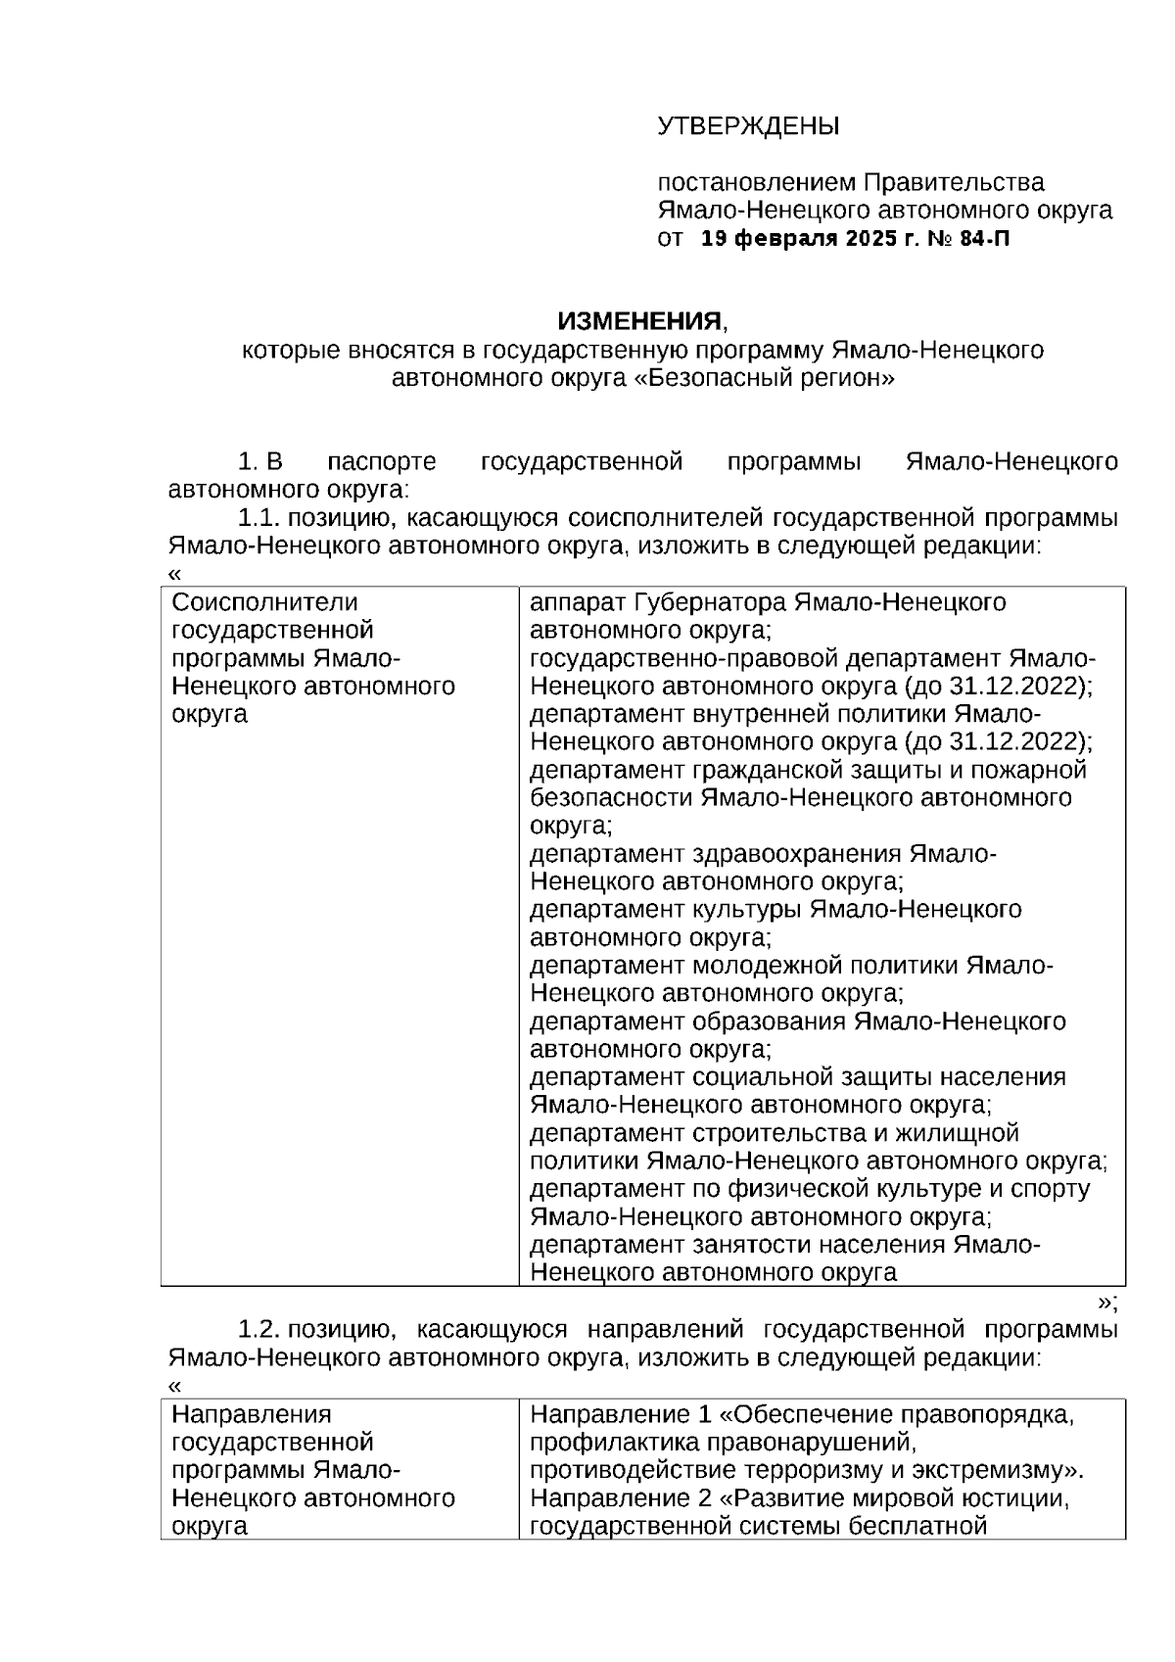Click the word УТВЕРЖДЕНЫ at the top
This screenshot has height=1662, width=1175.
coord(748,126)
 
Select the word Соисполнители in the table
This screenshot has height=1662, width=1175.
coord(264,602)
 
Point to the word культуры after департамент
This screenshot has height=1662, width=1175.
coord(749,910)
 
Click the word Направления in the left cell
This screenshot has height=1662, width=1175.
coord(252,1414)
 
